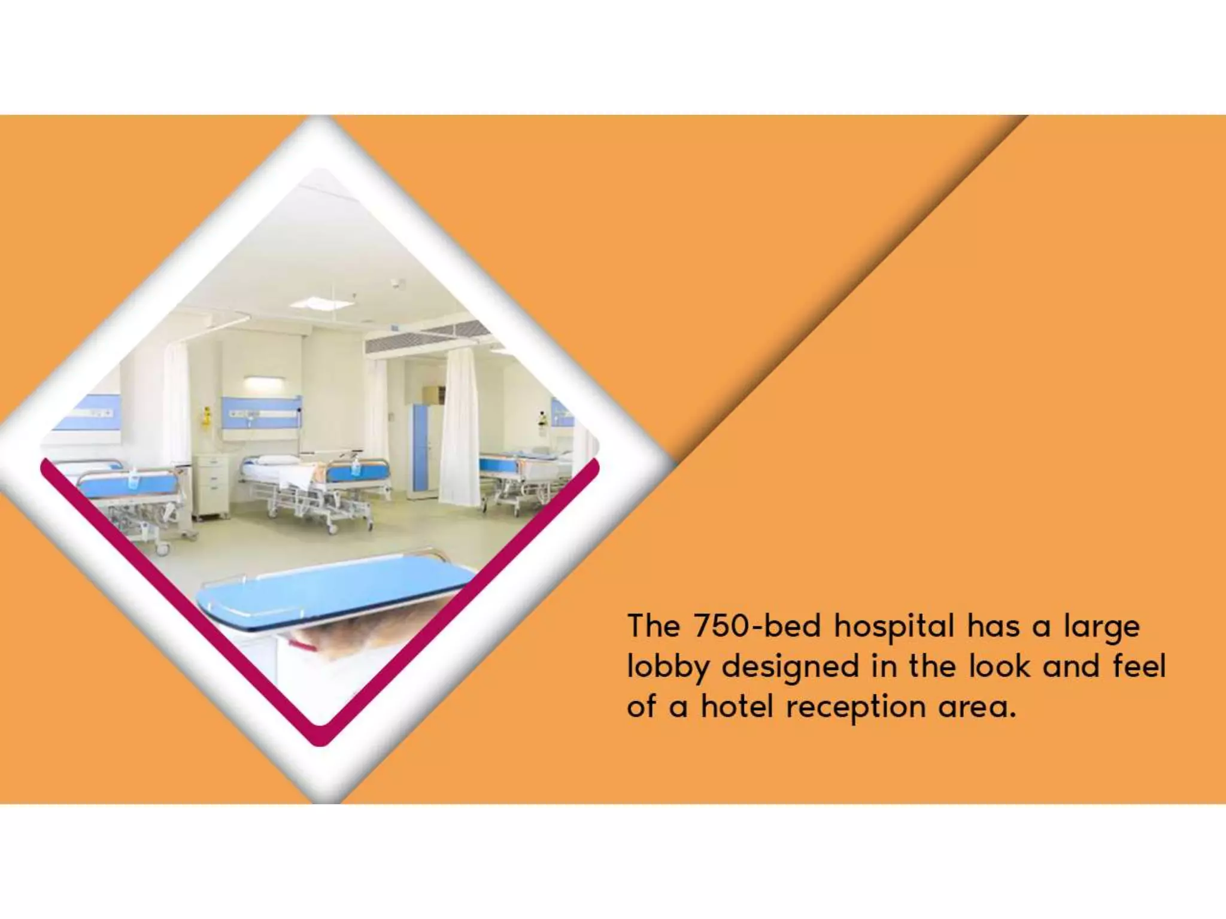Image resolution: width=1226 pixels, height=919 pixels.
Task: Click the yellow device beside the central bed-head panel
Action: [207, 414]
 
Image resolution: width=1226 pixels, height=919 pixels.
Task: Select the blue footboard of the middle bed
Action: [353, 471]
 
